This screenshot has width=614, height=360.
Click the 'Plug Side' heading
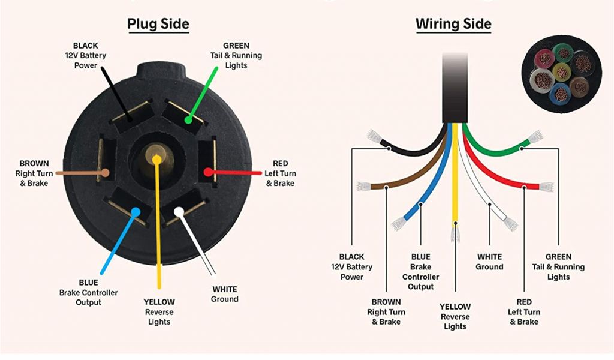[158, 24]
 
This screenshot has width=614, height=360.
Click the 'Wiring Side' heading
[453, 24]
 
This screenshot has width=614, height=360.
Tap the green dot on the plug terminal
[188, 120]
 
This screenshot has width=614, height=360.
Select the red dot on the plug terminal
[207, 172]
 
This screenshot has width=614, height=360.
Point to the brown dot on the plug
[106, 173]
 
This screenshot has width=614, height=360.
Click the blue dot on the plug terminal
[136, 211]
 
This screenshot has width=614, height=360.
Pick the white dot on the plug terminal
[179, 211]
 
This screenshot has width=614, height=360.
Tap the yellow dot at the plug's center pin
[156, 160]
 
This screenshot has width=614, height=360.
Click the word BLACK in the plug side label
[86, 46]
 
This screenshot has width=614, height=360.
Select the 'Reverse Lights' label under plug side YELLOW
[159, 317]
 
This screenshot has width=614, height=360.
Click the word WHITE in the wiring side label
[489, 257]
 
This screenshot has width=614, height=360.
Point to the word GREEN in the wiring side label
[558, 257]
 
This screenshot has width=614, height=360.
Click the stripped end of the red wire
[546, 187]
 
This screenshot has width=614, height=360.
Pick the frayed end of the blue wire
[398, 224]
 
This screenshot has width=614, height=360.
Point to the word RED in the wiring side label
[523, 302]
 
